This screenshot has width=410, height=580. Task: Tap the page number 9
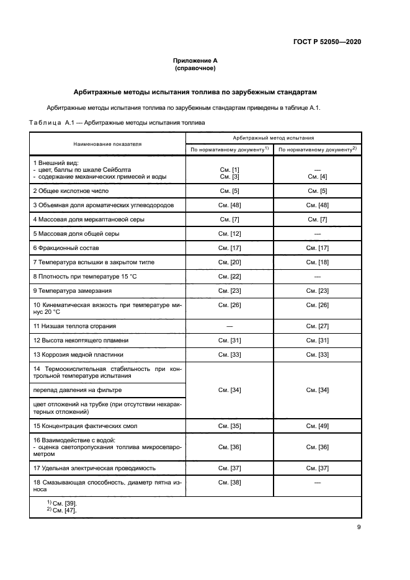coord(359,528)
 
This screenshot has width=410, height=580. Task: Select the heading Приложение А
coord(195,61)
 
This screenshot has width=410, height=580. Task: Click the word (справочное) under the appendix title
coord(195,68)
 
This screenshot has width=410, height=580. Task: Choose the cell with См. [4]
coord(317,177)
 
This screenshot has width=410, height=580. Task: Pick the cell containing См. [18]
coord(317,262)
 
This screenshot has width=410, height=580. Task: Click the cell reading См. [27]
coord(317,326)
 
